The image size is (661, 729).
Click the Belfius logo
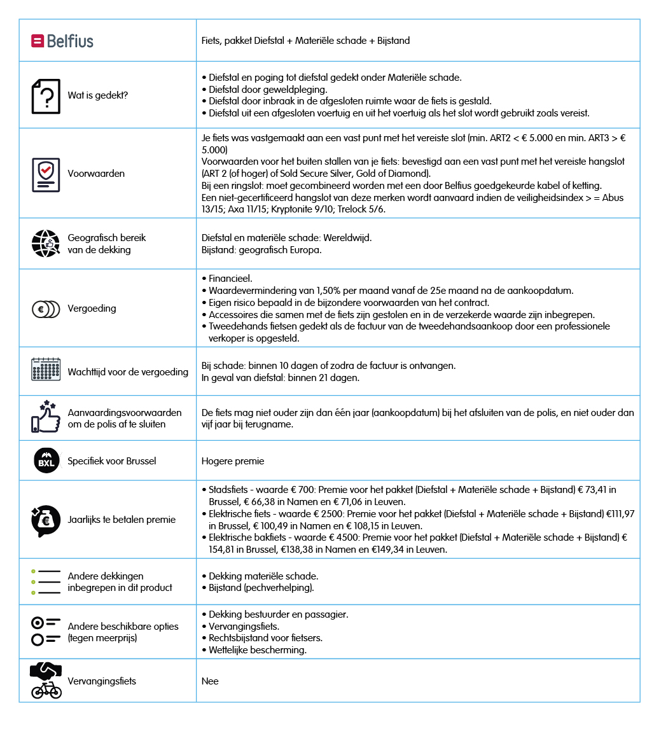tap(62, 41)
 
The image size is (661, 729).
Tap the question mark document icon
tap(46, 96)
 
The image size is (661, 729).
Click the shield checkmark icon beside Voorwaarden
tap(46, 174)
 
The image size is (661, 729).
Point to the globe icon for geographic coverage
tap(46, 244)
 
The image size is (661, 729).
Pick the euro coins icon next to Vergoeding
tap(46, 309)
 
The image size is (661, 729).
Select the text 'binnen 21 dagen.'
tap(324, 378)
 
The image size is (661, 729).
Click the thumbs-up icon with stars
tap(46, 417)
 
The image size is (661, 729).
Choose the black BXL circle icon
tap(46, 461)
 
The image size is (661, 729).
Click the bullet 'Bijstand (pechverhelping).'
tap(261, 588)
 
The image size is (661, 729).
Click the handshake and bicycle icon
tap(46, 681)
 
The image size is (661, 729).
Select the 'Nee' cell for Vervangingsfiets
tap(210, 681)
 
